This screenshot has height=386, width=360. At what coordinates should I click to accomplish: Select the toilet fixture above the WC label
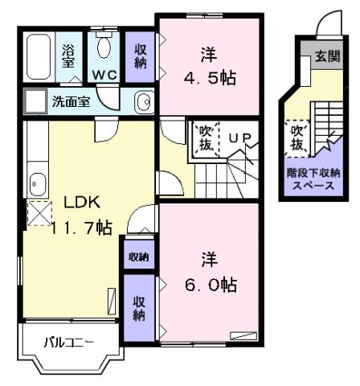click(104, 44)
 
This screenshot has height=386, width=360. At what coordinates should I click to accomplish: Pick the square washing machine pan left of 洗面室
click(35, 101)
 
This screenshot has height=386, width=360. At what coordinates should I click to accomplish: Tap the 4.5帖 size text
click(208, 80)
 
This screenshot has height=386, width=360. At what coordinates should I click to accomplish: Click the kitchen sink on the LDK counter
click(36, 183)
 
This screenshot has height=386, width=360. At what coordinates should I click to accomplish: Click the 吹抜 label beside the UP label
click(204, 138)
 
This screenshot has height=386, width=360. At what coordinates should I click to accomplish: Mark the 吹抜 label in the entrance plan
click(297, 138)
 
